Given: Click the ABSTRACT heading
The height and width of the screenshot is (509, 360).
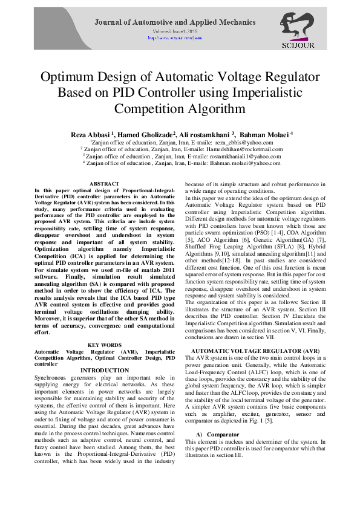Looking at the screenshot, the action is (104, 183).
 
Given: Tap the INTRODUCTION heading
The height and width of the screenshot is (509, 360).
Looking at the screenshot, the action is (104, 370).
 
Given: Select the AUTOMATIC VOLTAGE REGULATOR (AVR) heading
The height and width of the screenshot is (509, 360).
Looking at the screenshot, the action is (255, 351).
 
